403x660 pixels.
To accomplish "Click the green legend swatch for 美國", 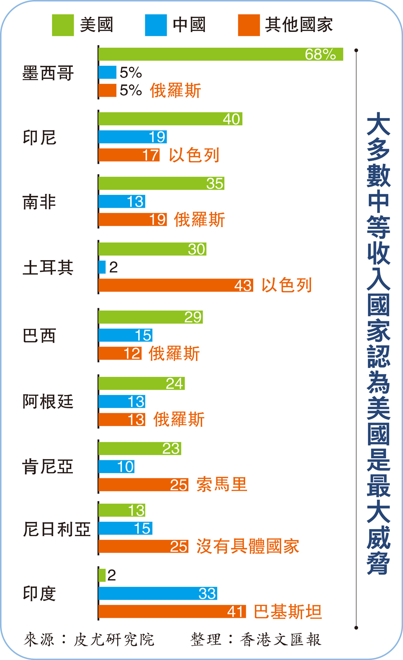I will (x=63, y=25).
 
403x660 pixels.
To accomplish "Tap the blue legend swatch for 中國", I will (x=156, y=25).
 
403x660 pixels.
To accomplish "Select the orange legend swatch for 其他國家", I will (x=249, y=25).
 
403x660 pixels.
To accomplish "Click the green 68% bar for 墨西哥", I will (x=220, y=54).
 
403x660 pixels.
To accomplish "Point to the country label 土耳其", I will (x=48, y=268).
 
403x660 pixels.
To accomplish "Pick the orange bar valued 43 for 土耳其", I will (x=176, y=285).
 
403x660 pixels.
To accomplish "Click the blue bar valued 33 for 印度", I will (x=157, y=593).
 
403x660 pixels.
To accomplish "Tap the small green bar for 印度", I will (x=102, y=575).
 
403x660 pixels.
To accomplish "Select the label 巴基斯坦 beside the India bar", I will (x=287, y=612).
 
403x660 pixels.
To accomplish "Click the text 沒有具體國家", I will (x=247, y=546).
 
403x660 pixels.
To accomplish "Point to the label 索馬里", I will (x=221, y=484).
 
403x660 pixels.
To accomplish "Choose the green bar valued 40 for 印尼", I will (x=170, y=119).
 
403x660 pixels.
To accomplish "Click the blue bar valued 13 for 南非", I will (x=121, y=202).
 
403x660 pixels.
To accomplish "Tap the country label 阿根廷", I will (x=48, y=402).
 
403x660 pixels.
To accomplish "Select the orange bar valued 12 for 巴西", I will (x=120, y=353).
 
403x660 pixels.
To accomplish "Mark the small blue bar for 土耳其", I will (x=102, y=267).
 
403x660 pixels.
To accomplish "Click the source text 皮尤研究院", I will (x=114, y=640).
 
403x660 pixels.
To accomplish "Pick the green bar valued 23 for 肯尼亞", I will (x=139, y=448).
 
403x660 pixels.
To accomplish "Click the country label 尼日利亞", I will (x=56, y=529).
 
